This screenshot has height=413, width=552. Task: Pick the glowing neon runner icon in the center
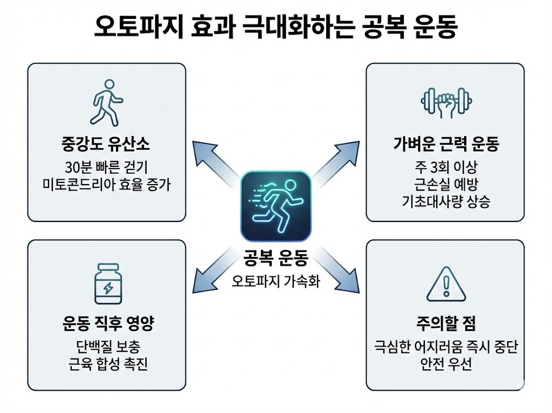pos(276,206)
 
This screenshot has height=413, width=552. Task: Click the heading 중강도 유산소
pos(107,144)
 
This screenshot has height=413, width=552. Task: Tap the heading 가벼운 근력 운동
pos(446,144)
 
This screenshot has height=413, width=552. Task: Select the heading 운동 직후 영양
pos(107,325)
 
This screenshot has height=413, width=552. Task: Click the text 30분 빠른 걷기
pos(107,166)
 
